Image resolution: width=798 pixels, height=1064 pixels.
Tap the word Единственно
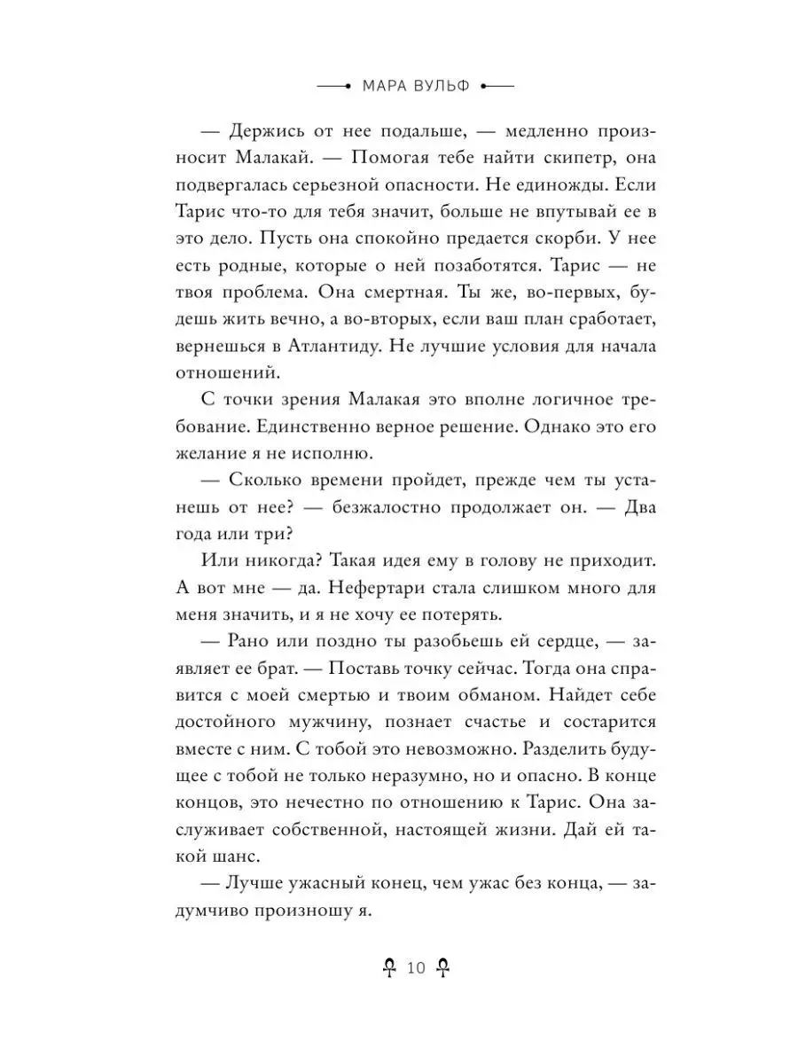(x=321, y=426)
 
